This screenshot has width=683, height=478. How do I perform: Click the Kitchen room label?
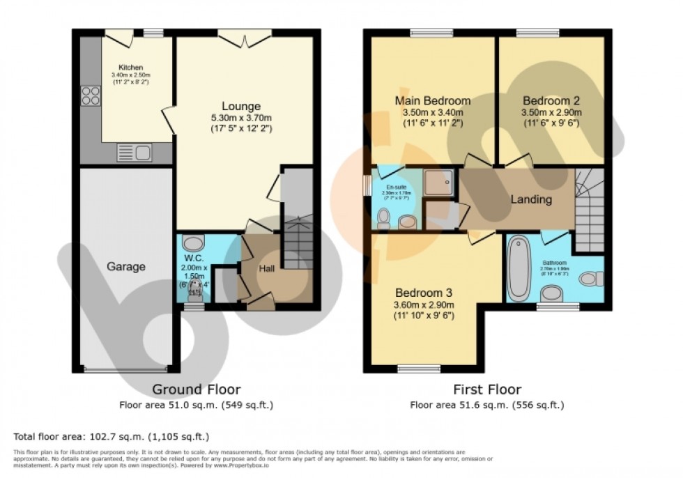point(130,68)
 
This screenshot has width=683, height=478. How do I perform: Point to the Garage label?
point(125,266)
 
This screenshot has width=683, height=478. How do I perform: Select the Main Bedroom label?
point(432,100)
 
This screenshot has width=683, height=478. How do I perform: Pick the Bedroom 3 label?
point(424,292)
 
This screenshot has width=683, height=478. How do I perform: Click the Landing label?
point(531,200)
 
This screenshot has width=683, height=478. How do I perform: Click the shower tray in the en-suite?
point(439,182)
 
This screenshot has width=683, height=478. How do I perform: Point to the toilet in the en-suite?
point(382,220)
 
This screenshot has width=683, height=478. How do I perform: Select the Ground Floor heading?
point(196,389)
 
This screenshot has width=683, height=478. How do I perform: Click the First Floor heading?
point(486,389)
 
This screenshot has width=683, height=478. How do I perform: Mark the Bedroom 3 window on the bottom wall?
point(419,368)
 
